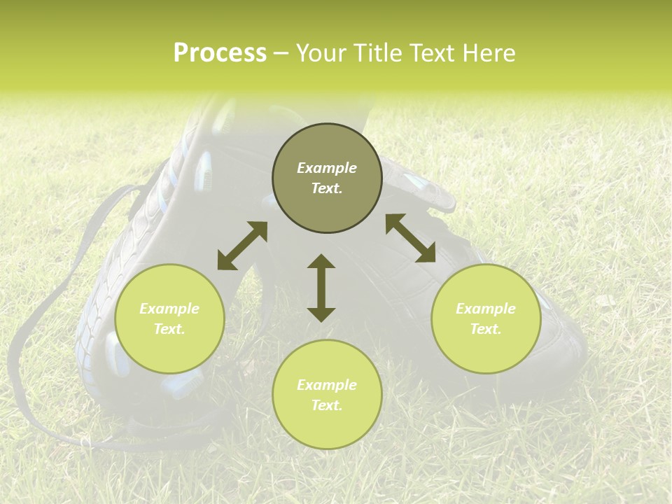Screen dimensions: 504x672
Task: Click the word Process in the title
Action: (x=220, y=53)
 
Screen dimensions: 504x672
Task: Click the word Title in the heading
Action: (x=377, y=53)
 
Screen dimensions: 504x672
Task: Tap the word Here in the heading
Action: (x=487, y=53)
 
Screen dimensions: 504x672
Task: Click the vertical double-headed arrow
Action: (x=321, y=288)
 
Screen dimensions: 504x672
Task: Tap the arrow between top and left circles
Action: (x=242, y=246)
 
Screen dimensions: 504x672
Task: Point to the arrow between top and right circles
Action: (x=410, y=238)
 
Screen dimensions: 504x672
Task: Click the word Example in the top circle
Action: (x=327, y=168)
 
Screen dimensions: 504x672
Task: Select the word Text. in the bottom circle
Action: (x=327, y=405)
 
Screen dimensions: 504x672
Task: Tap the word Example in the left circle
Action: (x=169, y=309)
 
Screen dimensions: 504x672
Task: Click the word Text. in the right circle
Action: (x=486, y=329)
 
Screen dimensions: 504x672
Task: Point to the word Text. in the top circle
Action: (x=327, y=188)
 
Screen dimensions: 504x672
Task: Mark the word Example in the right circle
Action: (x=486, y=309)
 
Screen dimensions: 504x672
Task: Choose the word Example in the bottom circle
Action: (x=327, y=385)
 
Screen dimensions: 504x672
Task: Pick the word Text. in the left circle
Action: (x=169, y=329)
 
